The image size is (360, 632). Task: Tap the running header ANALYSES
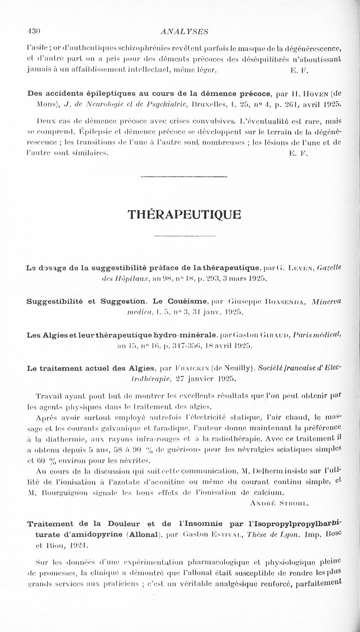click(180, 31)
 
